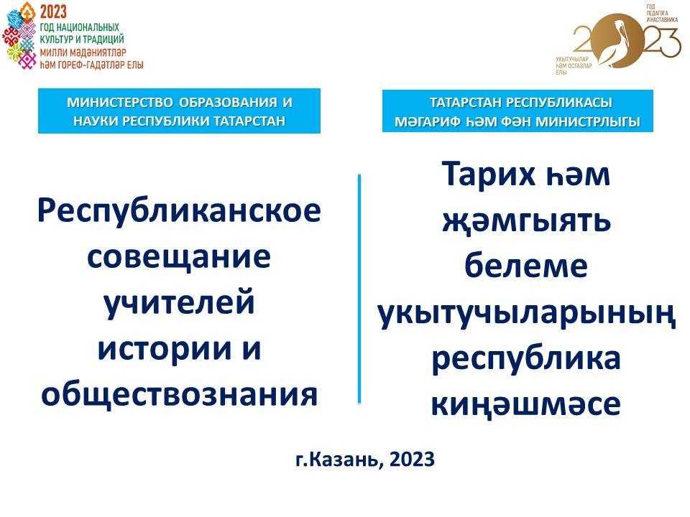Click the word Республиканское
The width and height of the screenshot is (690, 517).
(x=179, y=213)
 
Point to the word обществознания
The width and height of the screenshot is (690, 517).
(x=179, y=393)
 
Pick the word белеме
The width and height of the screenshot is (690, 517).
(x=527, y=267)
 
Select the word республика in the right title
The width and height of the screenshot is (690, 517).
(x=527, y=358)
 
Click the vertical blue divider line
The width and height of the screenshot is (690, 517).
(x=359, y=287)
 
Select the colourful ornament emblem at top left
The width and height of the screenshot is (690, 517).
(x=20, y=39)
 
